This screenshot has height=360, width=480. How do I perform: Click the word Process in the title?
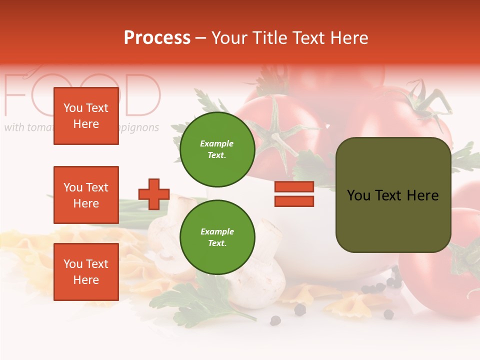pyautogui.click(x=157, y=38)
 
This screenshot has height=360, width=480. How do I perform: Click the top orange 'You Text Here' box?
pyautogui.click(x=86, y=116)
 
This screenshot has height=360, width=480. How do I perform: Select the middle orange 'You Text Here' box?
pyautogui.click(x=86, y=195)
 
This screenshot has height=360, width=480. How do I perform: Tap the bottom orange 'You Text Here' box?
pyautogui.click(x=86, y=272)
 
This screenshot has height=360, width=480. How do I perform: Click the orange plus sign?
pyautogui.click(x=154, y=194)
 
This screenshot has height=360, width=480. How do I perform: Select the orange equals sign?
pyautogui.click(x=294, y=194)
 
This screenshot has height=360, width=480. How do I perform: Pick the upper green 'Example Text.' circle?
pyautogui.click(x=217, y=149)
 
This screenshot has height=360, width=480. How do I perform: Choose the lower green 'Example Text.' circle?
pyautogui.click(x=217, y=237)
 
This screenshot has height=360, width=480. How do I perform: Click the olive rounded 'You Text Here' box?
pyautogui.click(x=393, y=195)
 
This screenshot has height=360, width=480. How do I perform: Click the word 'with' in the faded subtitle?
pyautogui.click(x=14, y=127)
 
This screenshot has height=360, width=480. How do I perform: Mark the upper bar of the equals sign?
pyautogui.click(x=294, y=186)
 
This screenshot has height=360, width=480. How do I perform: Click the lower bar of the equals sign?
pyautogui.click(x=294, y=201)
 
